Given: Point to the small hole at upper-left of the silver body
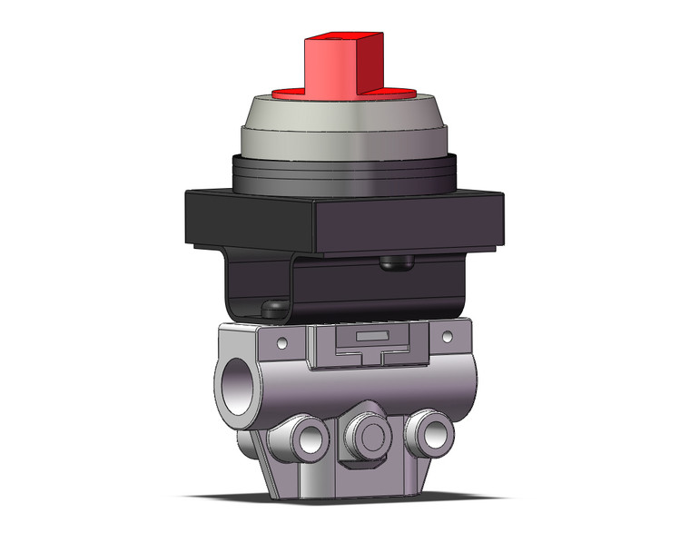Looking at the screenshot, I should [283, 343].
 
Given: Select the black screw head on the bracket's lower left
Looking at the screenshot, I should [270, 309].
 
